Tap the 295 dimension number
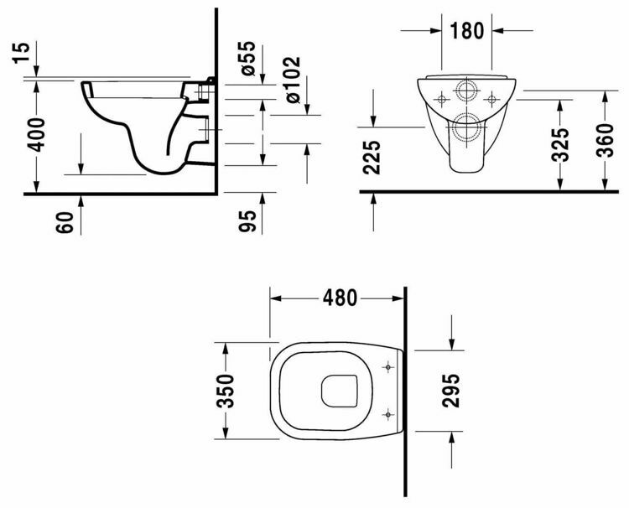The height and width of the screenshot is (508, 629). (452, 390)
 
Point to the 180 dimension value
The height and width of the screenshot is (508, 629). (467, 31)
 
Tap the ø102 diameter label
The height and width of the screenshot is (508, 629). (294, 80)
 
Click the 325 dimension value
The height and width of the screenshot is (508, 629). (561, 143)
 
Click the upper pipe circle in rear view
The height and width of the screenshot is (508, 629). (466, 91)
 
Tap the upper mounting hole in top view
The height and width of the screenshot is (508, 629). (387, 366)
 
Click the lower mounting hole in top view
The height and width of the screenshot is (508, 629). (387, 412)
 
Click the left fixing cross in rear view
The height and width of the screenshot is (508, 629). (439, 99)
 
